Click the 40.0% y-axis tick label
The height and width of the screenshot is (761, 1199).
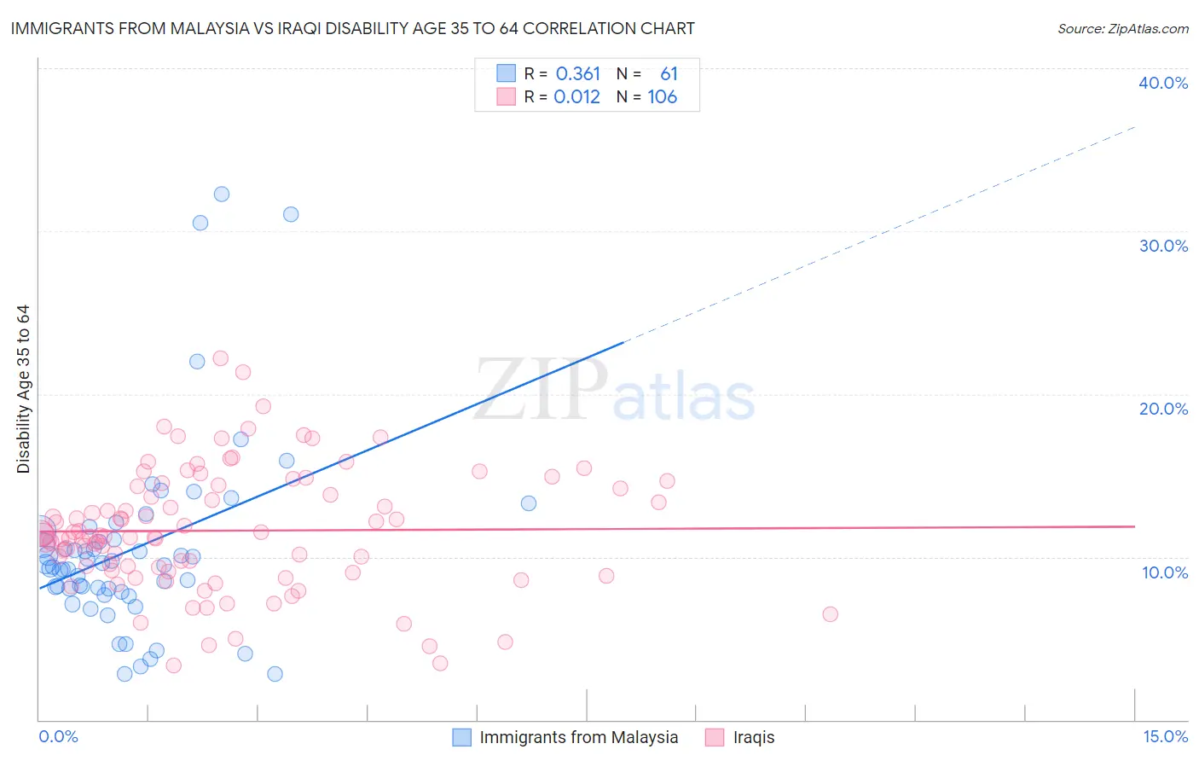pyautogui.click(x=1163, y=83)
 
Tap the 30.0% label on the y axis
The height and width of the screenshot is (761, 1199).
pyautogui.click(x=1163, y=246)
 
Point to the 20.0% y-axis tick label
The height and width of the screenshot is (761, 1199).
pyautogui.click(x=1163, y=409)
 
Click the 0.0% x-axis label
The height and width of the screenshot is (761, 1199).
pyautogui.click(x=58, y=736)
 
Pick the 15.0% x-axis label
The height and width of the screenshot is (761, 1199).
pyautogui.click(x=1165, y=736)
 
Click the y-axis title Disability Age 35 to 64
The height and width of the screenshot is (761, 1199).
pyautogui.click(x=23, y=389)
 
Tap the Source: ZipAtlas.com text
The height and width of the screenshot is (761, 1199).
pyautogui.click(x=1122, y=28)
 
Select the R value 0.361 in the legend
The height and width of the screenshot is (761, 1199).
pyautogui.click(x=577, y=74)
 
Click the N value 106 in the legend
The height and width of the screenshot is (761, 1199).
pyautogui.click(x=662, y=97)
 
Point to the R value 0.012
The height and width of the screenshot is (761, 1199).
pyautogui.click(x=576, y=97)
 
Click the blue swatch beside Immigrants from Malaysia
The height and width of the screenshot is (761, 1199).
pyautogui.click(x=461, y=737)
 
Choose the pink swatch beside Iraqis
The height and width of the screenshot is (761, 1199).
pyautogui.click(x=715, y=737)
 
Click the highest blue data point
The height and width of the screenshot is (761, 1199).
pyautogui.click(x=221, y=194)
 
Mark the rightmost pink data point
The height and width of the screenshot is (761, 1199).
pyautogui.click(x=830, y=614)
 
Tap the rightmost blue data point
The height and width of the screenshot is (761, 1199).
pyautogui.click(x=529, y=503)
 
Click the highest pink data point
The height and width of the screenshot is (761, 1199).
pyautogui.click(x=220, y=358)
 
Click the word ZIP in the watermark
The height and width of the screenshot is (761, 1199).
pyautogui.click(x=541, y=390)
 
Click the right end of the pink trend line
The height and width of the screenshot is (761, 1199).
pyautogui.click(x=1134, y=526)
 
